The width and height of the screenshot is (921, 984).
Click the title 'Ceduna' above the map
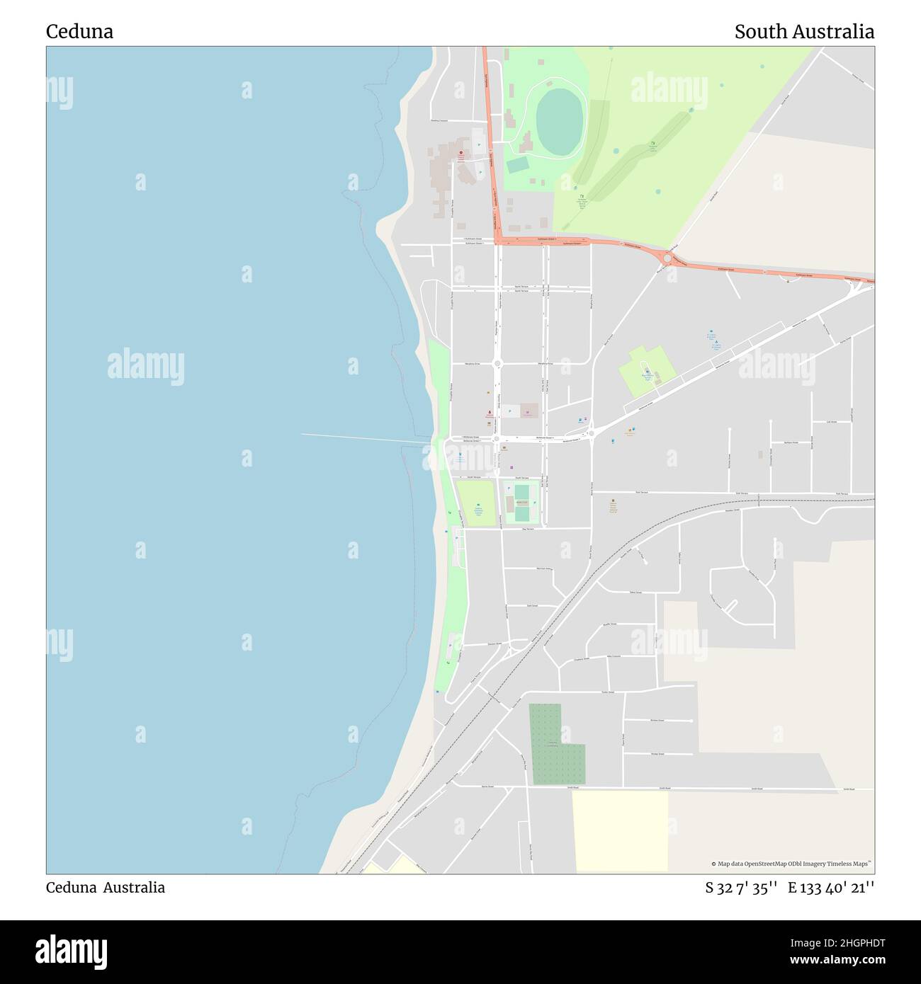click(x=79, y=32)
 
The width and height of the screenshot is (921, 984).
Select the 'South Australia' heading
click(x=803, y=32)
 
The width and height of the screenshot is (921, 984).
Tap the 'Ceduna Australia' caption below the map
click(x=106, y=888)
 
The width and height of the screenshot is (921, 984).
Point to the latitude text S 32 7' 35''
click(x=742, y=888)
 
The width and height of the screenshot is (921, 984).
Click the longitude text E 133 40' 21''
click(x=831, y=888)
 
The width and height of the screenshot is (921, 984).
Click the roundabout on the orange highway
click(x=667, y=258)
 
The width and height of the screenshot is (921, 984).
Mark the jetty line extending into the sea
click(x=365, y=439)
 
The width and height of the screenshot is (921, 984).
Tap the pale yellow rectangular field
click(x=620, y=830)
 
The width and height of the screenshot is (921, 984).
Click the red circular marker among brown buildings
click(x=461, y=153)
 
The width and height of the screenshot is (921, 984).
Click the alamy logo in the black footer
click(x=71, y=950)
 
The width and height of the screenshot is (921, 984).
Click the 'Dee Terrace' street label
click(x=526, y=530)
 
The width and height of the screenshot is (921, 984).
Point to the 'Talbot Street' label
click(x=635, y=593)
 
